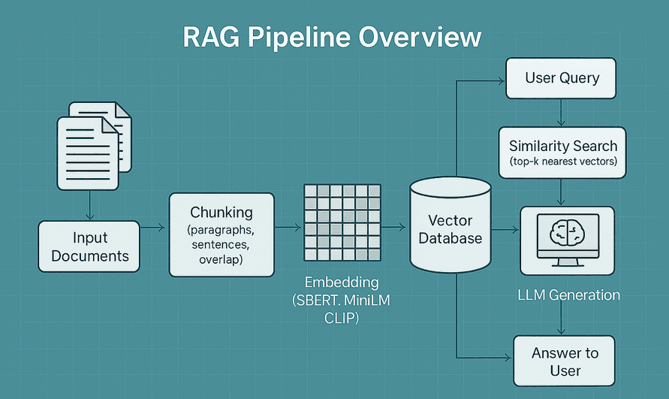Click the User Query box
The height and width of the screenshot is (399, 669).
562,78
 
